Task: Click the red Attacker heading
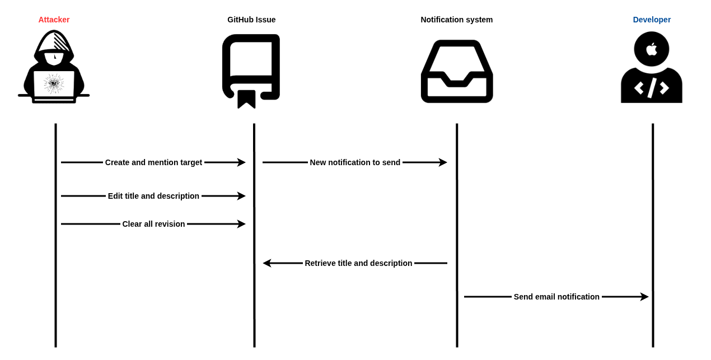(54, 20)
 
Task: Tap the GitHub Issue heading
(251, 20)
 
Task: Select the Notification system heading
(456, 20)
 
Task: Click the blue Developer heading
(652, 20)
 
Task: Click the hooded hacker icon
(54, 67)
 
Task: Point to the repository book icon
(251, 70)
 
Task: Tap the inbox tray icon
(457, 71)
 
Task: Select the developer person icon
(652, 68)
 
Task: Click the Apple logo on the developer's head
(652, 49)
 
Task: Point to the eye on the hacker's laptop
(54, 83)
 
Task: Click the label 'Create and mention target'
(153, 162)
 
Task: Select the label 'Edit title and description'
(153, 196)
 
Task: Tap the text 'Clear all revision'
(153, 224)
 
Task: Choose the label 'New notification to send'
(355, 162)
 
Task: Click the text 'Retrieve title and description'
(358, 263)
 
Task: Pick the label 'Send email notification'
(556, 297)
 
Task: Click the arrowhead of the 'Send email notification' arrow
(645, 297)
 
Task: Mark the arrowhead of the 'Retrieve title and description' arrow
(266, 263)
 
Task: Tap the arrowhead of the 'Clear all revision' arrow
(242, 224)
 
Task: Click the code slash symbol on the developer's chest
(652, 88)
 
